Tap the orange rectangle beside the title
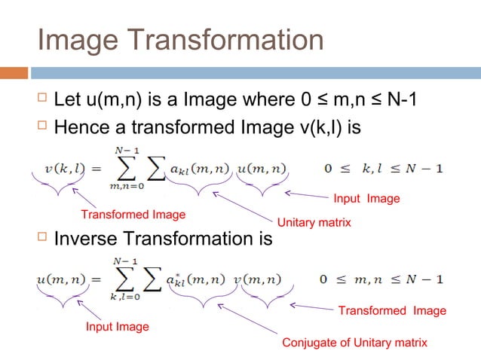pyautogui.click(x=14, y=73)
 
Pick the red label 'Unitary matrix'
pyautogui.click(x=314, y=223)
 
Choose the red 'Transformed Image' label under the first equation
pyautogui.click(x=133, y=215)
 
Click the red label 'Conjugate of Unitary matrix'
pyautogui.click(x=354, y=343)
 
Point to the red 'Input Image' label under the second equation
pyautogui.click(x=117, y=327)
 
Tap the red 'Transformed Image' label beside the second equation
pyautogui.click(x=391, y=311)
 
